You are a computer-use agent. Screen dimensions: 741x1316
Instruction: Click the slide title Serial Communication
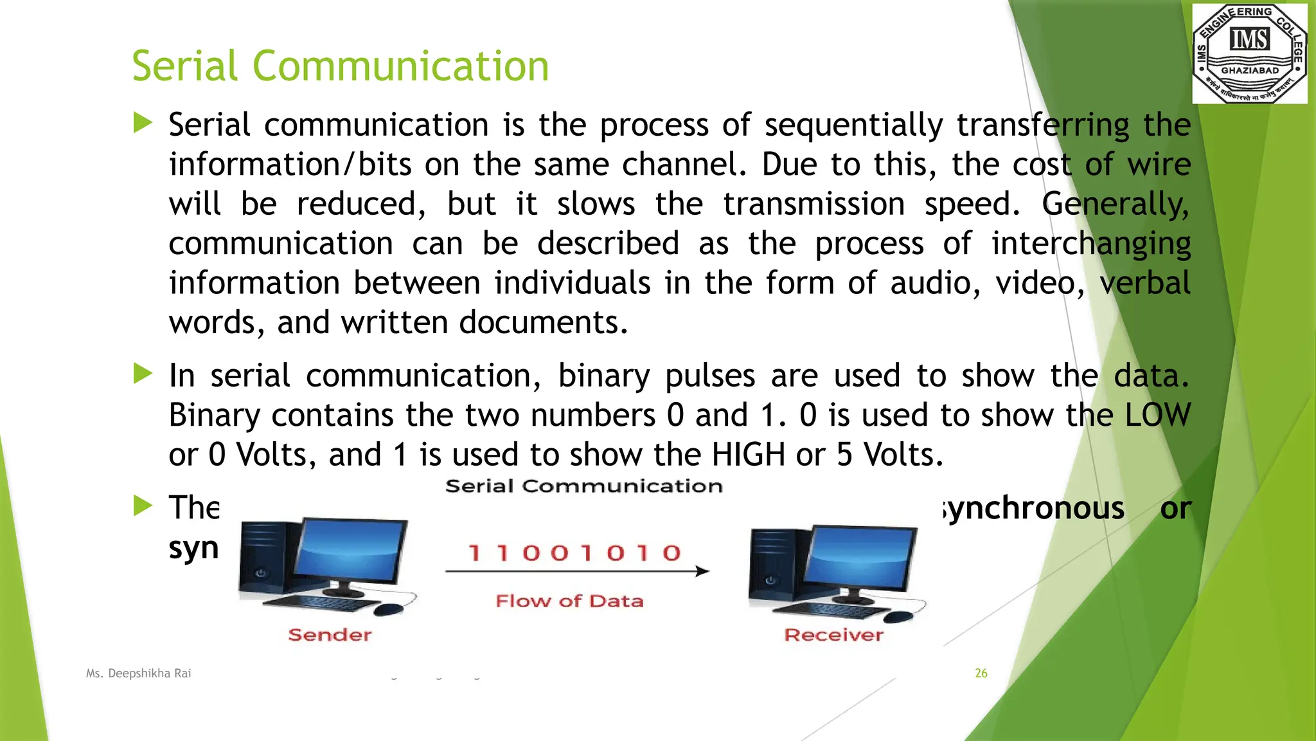pyautogui.click(x=340, y=66)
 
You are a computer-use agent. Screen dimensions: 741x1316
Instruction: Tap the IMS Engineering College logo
pyautogui.click(x=1249, y=53)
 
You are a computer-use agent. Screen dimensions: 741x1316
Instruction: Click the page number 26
pyautogui.click(x=981, y=673)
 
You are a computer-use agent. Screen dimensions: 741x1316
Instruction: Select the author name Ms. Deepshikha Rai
pyautogui.click(x=139, y=673)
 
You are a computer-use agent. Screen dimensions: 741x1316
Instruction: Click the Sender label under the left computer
pyautogui.click(x=330, y=635)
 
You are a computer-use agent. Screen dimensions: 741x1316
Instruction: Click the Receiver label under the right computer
pyautogui.click(x=833, y=635)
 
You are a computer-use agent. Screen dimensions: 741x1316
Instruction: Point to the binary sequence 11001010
pyautogui.click(x=574, y=553)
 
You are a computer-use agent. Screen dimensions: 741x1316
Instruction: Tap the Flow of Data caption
pyautogui.click(x=569, y=601)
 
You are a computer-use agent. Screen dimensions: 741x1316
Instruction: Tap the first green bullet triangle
pyautogui.click(x=143, y=123)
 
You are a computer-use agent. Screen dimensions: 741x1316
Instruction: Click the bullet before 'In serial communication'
pyautogui.click(x=143, y=374)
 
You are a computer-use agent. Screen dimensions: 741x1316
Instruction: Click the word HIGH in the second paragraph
pyautogui.click(x=749, y=455)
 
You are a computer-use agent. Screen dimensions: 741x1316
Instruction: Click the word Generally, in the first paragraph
pyautogui.click(x=1116, y=205)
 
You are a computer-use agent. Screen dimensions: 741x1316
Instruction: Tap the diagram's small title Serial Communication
pyautogui.click(x=583, y=486)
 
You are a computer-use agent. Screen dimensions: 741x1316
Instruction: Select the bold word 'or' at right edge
pyautogui.click(x=1175, y=508)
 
